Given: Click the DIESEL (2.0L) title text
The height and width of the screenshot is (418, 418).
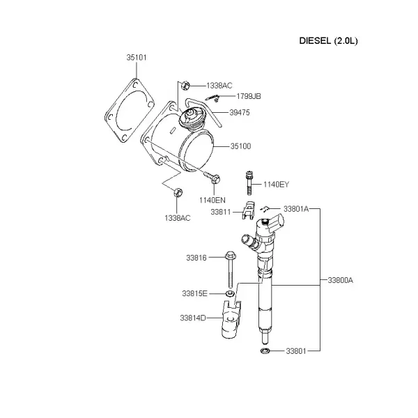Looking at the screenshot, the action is pyautogui.click(x=328, y=41).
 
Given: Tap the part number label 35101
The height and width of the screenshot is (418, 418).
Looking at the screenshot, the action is pyautogui.click(x=137, y=58).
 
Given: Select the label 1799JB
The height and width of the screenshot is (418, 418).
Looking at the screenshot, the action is pyautogui.click(x=249, y=96).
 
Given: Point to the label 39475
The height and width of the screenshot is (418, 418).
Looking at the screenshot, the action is pyautogui.click(x=240, y=112).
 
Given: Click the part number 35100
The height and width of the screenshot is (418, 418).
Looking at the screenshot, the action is pyautogui.click(x=241, y=146).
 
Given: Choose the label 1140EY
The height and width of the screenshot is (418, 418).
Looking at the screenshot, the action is pyautogui.click(x=276, y=185).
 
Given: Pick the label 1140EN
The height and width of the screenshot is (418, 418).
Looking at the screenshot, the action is pyautogui.click(x=212, y=200).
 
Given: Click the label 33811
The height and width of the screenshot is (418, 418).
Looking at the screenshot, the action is pyautogui.click(x=221, y=212).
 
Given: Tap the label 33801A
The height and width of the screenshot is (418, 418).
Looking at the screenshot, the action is pyautogui.click(x=296, y=209).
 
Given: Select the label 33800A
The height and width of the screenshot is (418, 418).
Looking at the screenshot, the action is pyautogui.click(x=340, y=280).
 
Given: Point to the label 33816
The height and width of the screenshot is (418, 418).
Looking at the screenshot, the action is pyautogui.click(x=196, y=258).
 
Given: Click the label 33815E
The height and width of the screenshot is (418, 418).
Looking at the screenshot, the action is pyautogui.click(x=194, y=293).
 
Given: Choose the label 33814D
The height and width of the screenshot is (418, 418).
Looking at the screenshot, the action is pyautogui.click(x=193, y=318).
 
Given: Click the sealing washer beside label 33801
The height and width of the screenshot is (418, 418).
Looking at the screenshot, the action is pyautogui.click(x=265, y=351).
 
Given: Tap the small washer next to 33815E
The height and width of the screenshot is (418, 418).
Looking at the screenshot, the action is pyautogui.click(x=230, y=294).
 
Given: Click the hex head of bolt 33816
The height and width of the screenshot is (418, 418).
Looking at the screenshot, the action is pyautogui.click(x=231, y=255).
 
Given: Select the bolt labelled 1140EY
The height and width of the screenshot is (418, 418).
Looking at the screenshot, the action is pyautogui.click(x=249, y=183).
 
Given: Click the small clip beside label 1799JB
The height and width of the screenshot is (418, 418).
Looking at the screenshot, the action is pyautogui.click(x=213, y=98).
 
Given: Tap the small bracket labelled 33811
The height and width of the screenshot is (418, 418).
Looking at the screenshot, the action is pyautogui.click(x=249, y=211).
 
